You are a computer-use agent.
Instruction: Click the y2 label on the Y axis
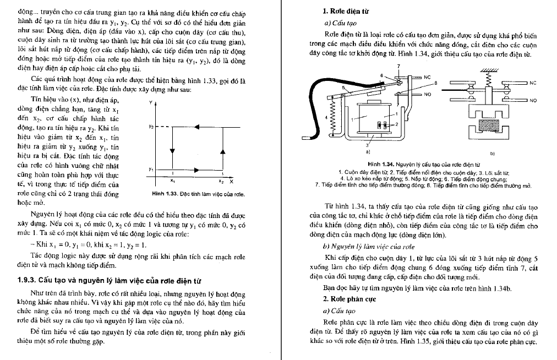pos(151,127)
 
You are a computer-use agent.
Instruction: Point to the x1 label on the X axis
pos(172,180)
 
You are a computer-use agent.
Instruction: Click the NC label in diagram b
pos(532,83)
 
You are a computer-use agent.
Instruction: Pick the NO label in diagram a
pos(428,94)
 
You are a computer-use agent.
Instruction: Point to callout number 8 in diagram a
pos(435,83)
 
